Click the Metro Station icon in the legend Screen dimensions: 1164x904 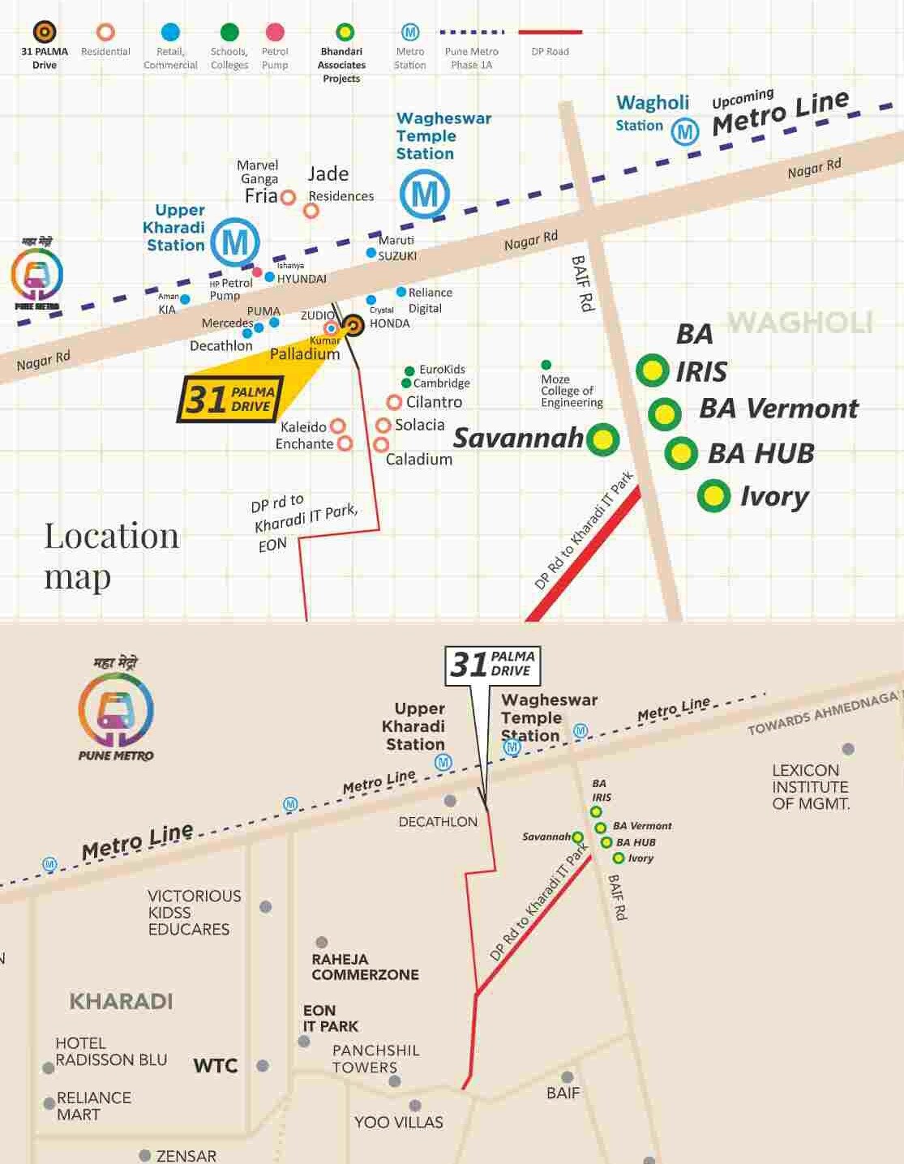click(410, 32)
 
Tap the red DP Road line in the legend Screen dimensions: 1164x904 click(550, 32)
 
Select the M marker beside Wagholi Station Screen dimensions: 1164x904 click(685, 131)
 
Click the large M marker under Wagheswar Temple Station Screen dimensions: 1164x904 click(425, 195)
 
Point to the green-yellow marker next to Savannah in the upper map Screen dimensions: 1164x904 click(602, 439)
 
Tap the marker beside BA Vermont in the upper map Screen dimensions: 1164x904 click(664, 414)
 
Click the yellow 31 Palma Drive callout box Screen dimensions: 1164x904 click(231, 399)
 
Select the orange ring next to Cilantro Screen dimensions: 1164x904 click(394, 402)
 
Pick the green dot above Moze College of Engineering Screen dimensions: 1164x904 click(546, 365)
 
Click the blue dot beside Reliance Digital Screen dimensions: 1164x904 click(401, 292)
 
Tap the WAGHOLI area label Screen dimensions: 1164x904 click(799, 323)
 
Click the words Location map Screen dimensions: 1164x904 click(111, 556)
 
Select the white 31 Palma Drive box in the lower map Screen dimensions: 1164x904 click(493, 665)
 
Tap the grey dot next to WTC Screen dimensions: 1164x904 click(263, 1066)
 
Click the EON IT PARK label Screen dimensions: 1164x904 click(331, 1018)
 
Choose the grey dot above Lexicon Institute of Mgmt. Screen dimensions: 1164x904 click(848, 749)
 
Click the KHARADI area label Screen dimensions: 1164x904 click(122, 1001)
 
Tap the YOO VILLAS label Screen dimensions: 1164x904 click(399, 1123)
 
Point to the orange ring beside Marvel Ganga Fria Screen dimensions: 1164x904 click(288, 197)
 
